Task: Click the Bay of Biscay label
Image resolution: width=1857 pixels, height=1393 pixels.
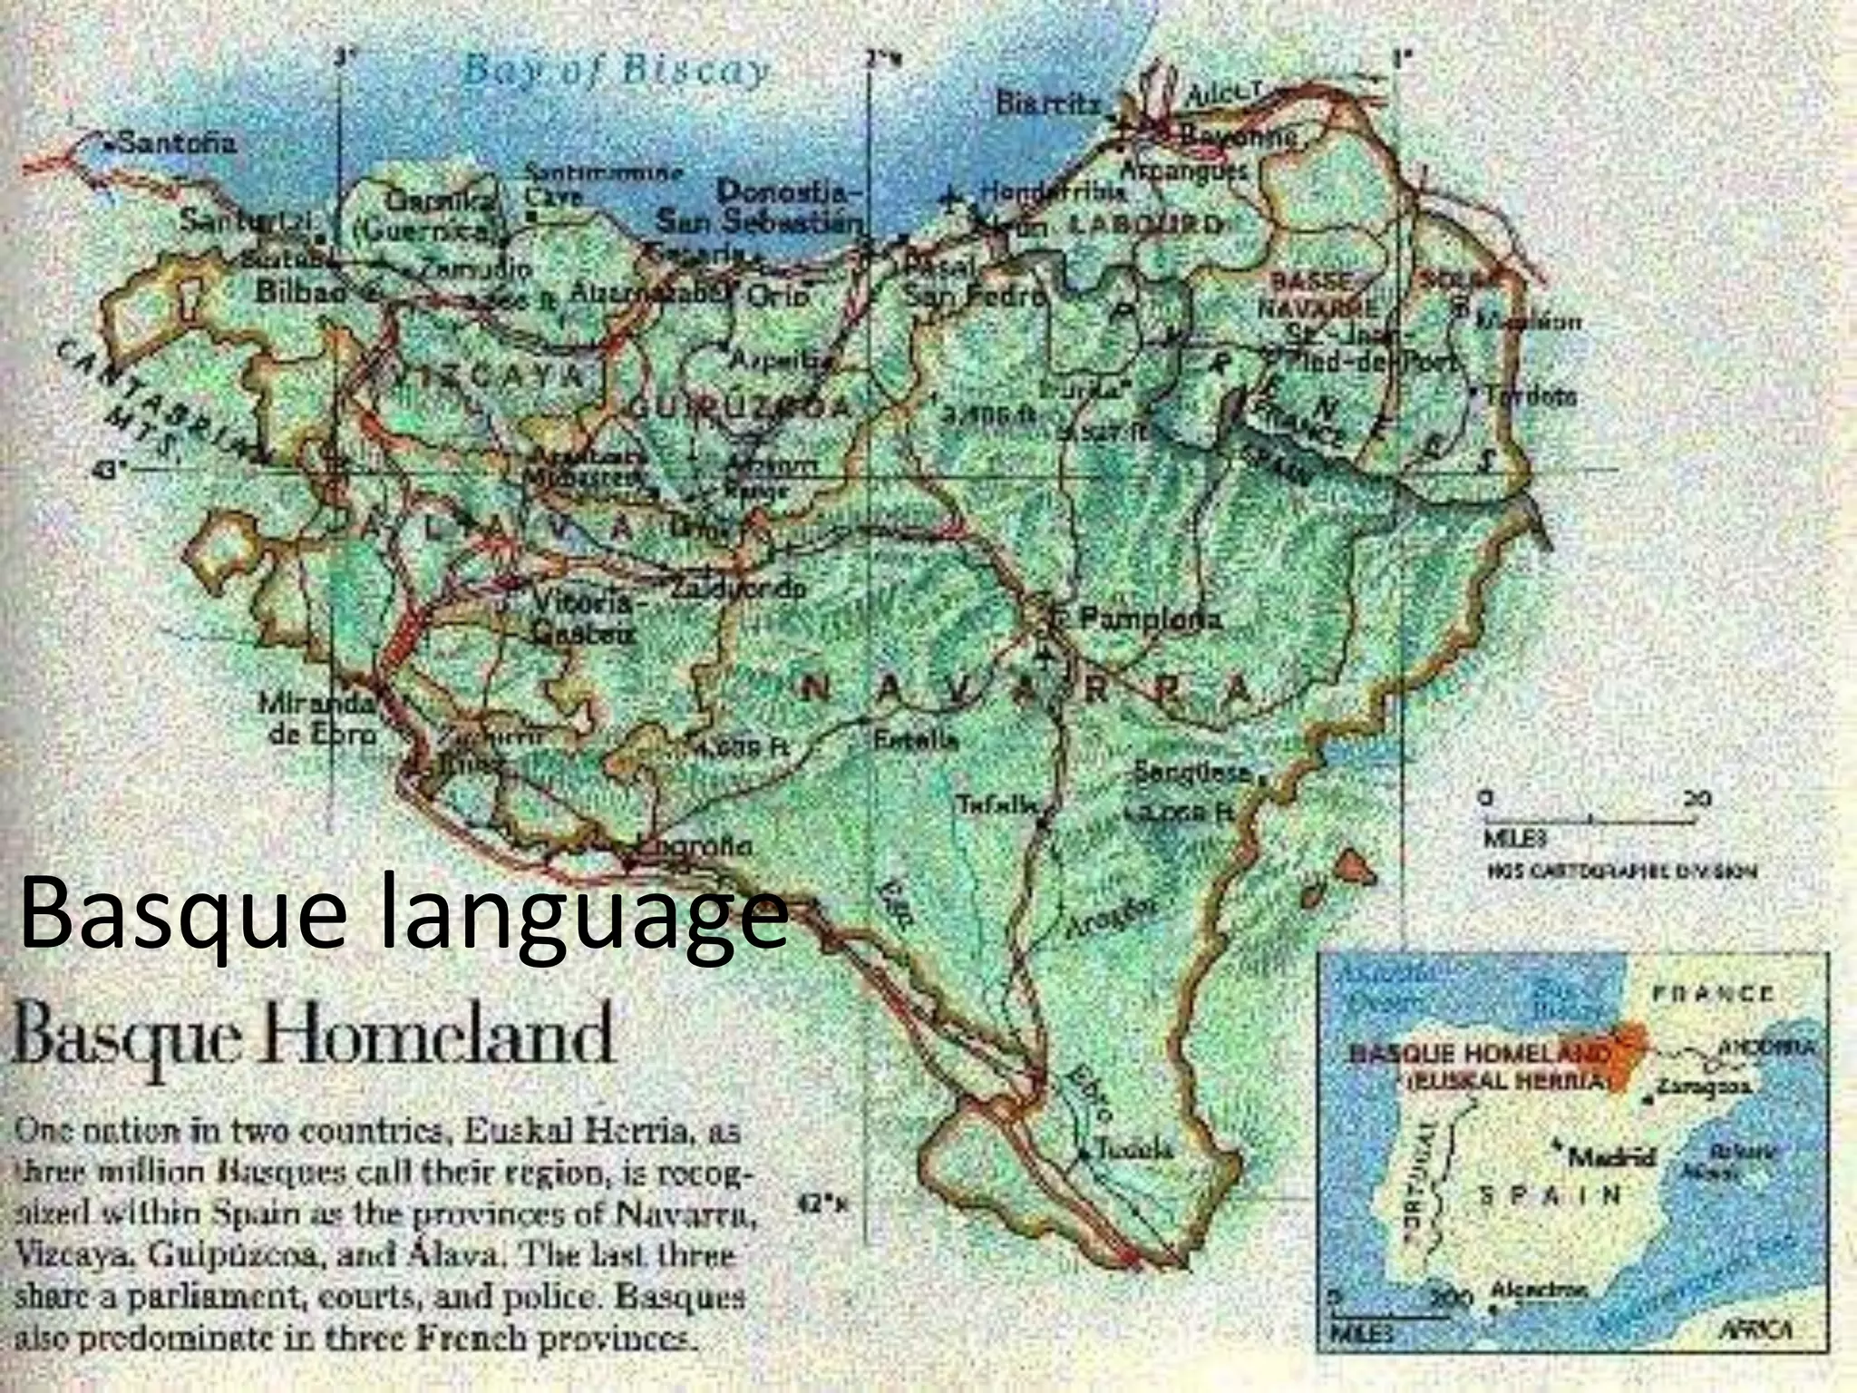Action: coord(617,71)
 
